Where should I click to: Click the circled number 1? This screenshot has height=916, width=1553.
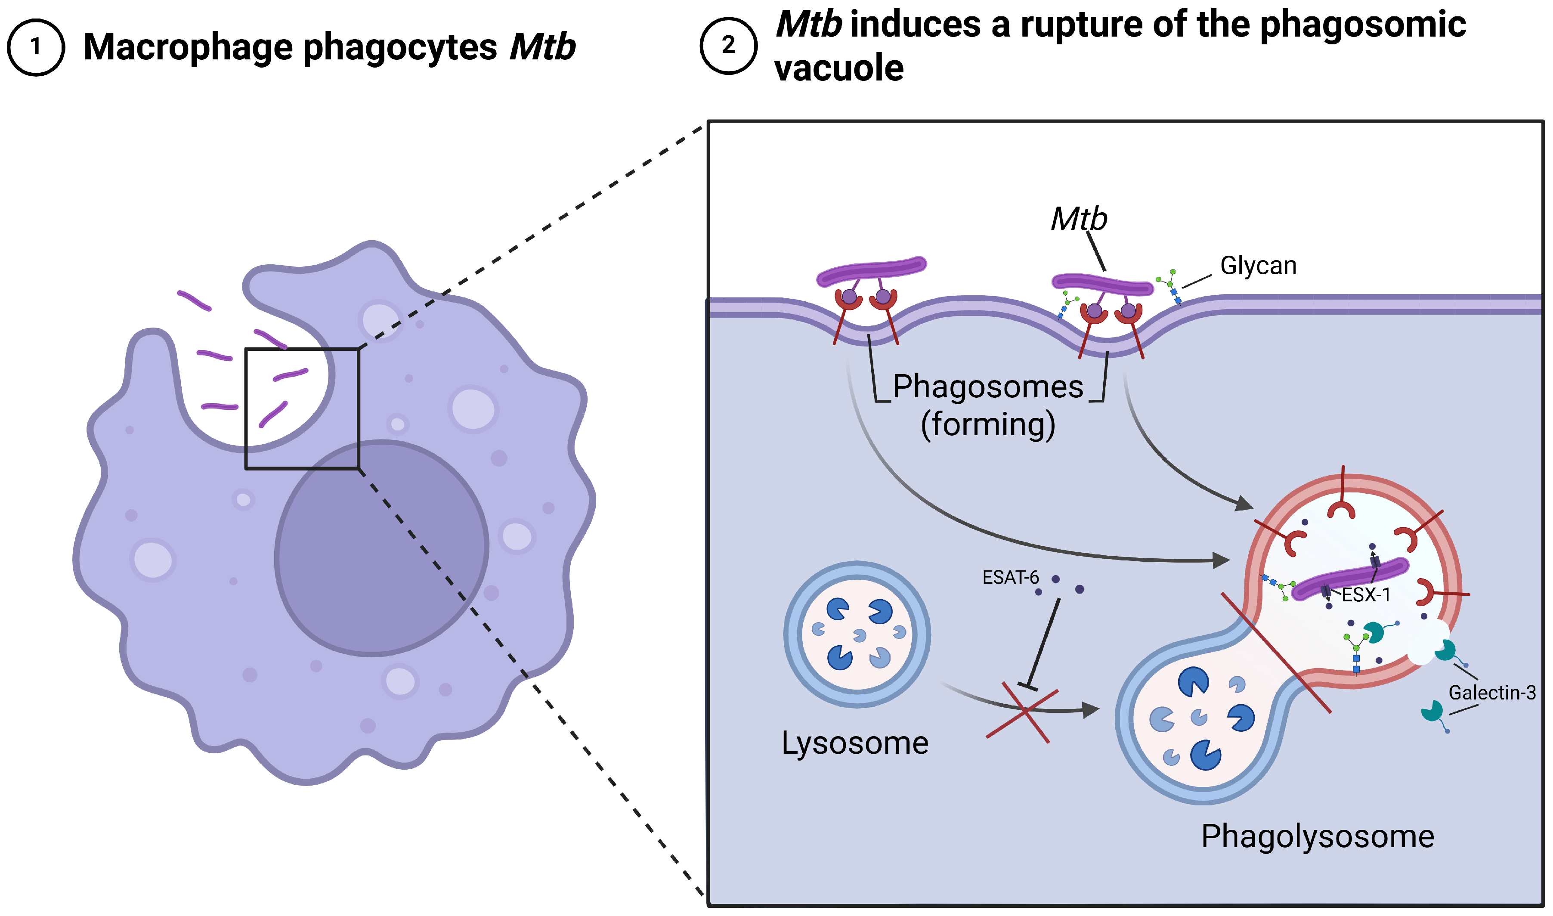click(36, 47)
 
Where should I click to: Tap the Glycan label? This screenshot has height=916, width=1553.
click(1258, 266)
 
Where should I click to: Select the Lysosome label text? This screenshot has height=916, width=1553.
click(855, 743)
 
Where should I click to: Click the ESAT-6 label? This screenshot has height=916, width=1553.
click(1010, 577)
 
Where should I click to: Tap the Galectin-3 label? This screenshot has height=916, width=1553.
click(1492, 693)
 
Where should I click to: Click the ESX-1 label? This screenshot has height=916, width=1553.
click(1366, 595)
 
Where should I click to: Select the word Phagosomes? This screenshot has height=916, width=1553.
click(987, 387)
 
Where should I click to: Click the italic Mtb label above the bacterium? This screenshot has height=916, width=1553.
click(1079, 219)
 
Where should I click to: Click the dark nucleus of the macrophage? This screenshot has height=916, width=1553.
click(381, 548)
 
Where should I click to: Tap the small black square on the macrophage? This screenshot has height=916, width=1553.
click(302, 408)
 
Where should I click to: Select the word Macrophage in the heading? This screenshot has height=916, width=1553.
click(188, 47)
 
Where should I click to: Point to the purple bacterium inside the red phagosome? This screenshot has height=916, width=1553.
click(1350, 579)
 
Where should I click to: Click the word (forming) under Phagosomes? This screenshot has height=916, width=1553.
click(987, 425)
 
